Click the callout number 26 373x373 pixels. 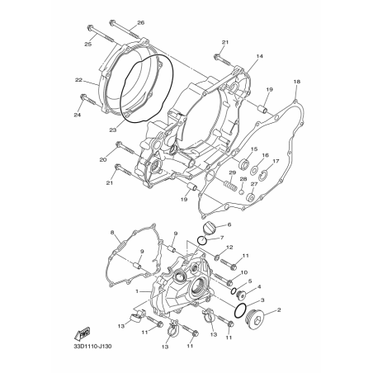[141, 23]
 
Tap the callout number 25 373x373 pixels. [87, 44]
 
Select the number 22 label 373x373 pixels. [78, 80]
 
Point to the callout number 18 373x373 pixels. [297, 82]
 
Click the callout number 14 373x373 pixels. [259, 56]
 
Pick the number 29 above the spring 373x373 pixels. [233, 172]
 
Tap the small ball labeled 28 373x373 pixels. [241, 191]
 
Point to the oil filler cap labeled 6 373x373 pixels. [208, 228]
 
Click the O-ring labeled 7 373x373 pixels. [202, 241]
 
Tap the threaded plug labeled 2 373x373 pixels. [254, 319]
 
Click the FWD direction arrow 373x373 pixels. [82, 333]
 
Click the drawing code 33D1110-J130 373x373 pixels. [91, 346]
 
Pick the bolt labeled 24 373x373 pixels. [87, 101]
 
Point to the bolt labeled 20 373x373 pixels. [125, 148]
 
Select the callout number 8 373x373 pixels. [112, 233]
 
